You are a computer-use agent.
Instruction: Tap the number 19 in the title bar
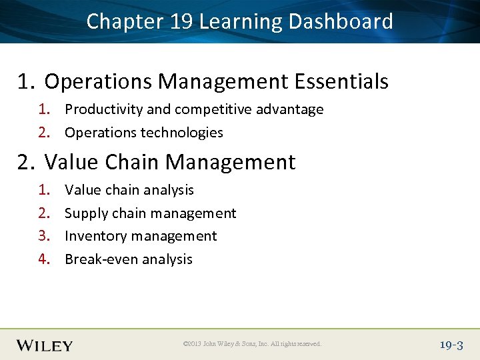pyautogui.click(x=181, y=21)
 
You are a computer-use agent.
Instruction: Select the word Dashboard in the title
pyautogui.click(x=341, y=21)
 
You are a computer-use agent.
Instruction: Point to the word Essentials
pyautogui.click(x=341, y=82)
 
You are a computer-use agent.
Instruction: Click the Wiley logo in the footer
pyautogui.click(x=45, y=345)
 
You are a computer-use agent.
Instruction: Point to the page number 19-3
pyautogui.click(x=451, y=345)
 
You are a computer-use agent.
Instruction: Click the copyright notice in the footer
pyautogui.click(x=252, y=345)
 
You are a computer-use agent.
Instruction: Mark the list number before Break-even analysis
pyautogui.click(x=44, y=259)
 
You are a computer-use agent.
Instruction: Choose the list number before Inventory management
pyautogui.click(x=44, y=236)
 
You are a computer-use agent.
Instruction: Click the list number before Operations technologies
pyautogui.click(x=44, y=133)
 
